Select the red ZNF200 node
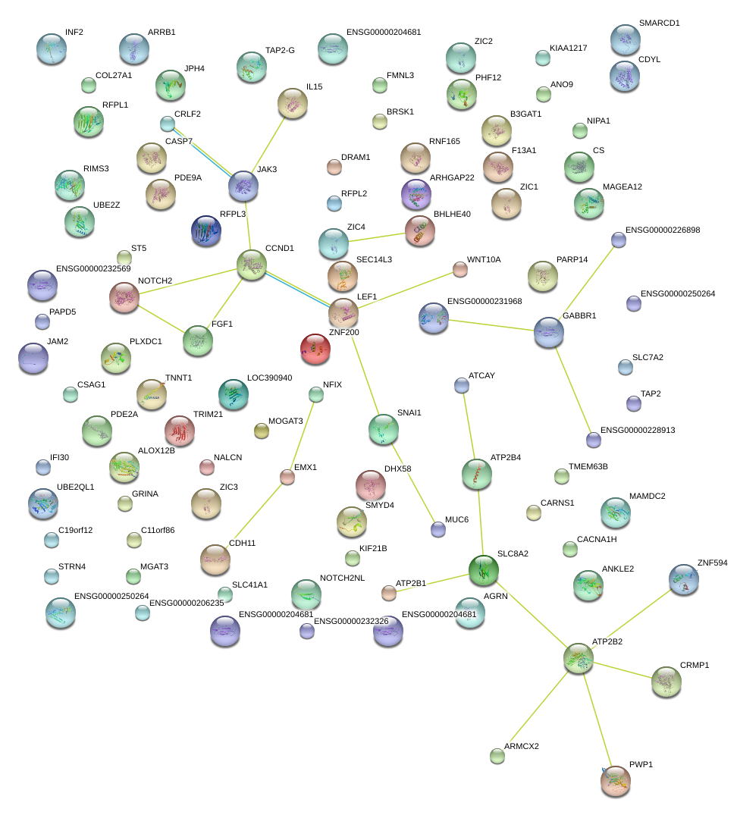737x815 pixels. (315, 348)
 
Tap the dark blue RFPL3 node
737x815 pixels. (206, 230)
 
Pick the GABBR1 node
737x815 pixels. (549, 332)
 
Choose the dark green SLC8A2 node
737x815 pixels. (483, 570)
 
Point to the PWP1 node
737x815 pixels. (616, 780)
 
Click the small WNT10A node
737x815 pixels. (460, 269)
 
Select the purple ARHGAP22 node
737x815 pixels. (416, 194)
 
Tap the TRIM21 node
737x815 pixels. (180, 431)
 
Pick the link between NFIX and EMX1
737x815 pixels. (302, 435)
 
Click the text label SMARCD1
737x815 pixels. (659, 24)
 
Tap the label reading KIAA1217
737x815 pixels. (568, 49)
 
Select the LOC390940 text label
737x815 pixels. (269, 378)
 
